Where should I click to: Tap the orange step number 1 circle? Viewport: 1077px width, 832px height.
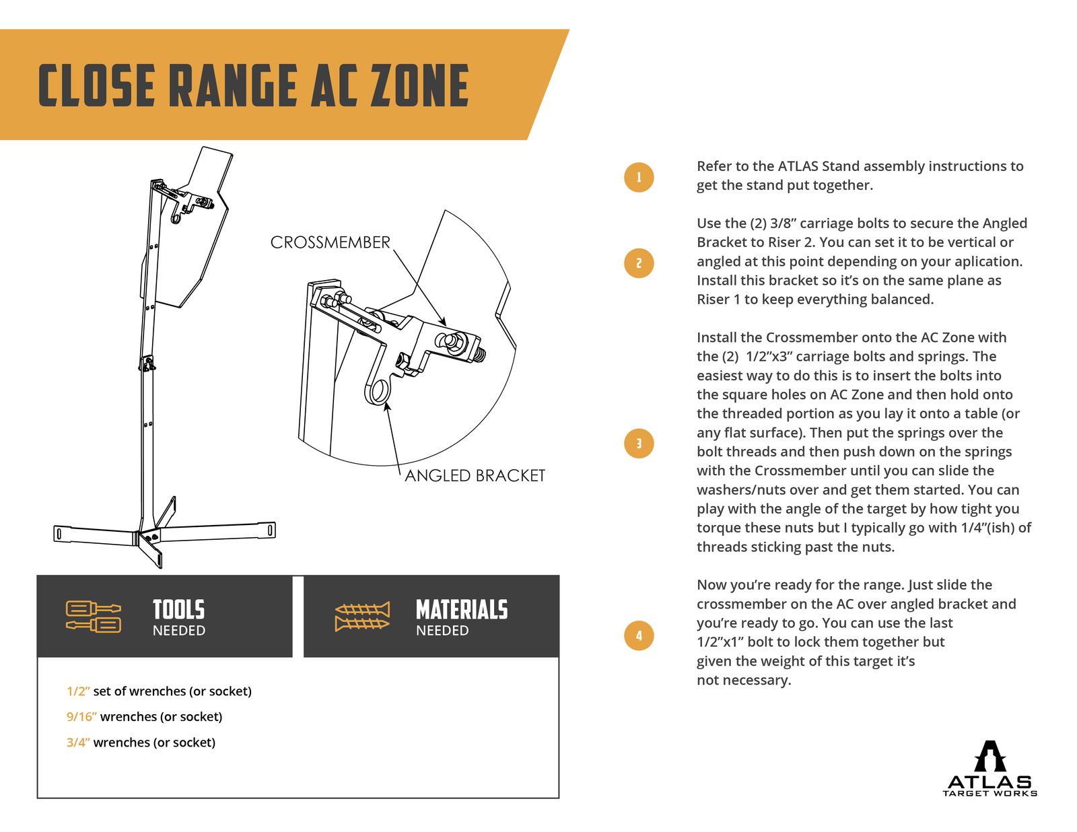639,178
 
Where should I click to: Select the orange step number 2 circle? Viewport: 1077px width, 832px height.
639,263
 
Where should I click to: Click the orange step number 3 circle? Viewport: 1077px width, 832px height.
639,444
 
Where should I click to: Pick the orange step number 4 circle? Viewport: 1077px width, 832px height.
639,635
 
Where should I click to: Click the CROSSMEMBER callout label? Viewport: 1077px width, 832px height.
330,242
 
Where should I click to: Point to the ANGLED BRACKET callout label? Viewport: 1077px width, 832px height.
475,476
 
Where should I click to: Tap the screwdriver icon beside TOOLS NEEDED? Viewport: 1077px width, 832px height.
94,616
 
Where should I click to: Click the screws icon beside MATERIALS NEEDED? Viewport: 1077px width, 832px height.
362,616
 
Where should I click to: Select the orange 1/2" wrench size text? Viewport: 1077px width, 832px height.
78,691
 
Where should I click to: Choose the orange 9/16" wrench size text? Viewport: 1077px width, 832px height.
81,717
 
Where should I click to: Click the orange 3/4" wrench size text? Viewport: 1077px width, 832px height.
78,742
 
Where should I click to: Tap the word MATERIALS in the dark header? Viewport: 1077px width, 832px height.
462,610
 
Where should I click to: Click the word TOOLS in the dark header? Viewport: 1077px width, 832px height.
178,610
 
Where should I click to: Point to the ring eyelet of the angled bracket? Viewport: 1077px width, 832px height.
379,391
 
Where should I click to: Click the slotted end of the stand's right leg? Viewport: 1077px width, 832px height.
270,530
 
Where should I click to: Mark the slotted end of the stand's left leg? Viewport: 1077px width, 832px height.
59,534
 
